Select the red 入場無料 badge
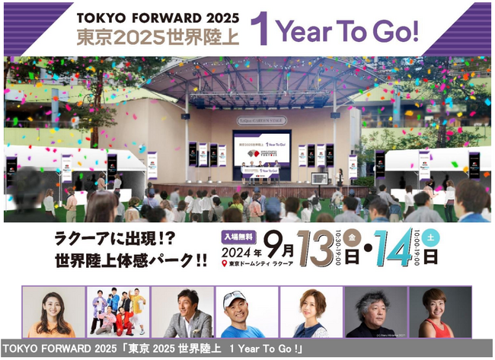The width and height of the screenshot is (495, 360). (x=239, y=235)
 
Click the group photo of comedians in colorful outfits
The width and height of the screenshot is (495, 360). (x=117, y=312)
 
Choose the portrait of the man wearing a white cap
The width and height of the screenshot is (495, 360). (x=247, y=312)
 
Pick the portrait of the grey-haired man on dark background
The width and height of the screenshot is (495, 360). (x=375, y=312)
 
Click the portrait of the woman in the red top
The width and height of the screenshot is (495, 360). (x=439, y=312)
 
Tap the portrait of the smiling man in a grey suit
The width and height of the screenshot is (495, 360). (x=182, y=312)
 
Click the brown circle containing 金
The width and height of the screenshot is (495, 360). (x=353, y=237)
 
